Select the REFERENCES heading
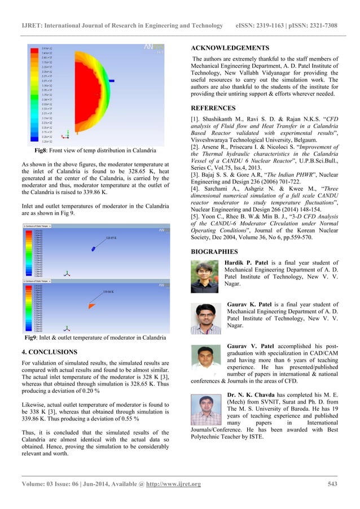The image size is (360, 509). coord(213,107)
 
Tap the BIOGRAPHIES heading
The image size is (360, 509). coord(215,251)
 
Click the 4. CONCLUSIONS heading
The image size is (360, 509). coord(50,352)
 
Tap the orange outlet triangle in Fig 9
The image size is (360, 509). coord(91,305)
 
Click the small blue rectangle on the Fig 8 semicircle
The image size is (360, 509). coord(112,81)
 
